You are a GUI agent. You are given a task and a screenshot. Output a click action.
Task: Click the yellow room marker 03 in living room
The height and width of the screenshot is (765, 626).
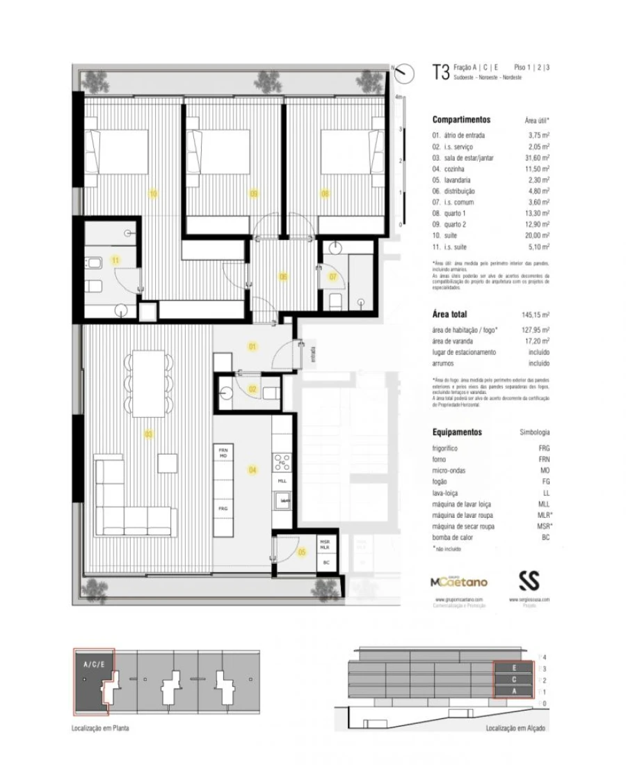pos(148,434)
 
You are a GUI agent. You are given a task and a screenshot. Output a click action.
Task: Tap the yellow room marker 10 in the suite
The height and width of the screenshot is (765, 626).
pos(153,194)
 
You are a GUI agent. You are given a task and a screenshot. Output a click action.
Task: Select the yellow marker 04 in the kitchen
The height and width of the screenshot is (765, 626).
pos(252,471)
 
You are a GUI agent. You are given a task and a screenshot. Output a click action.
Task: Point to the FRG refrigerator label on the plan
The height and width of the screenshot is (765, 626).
pos(223,509)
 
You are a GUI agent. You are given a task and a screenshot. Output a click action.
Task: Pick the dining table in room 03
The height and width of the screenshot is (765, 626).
pos(147,381)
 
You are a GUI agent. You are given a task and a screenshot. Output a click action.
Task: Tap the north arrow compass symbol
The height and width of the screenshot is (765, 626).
pos(402,74)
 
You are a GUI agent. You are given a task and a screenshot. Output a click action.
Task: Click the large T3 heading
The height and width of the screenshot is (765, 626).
pos(440,72)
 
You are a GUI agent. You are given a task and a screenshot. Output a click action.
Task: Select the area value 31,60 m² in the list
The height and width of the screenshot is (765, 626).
pos(536,157)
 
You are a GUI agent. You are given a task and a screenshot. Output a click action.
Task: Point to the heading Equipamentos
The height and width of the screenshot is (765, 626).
pos(457,432)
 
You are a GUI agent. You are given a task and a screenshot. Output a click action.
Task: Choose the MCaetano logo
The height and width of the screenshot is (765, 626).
pos(460,581)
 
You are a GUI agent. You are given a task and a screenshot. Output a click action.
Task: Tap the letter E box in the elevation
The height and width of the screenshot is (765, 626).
pos(515,667)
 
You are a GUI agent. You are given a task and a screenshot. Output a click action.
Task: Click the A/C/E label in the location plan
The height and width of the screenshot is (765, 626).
pos(94,664)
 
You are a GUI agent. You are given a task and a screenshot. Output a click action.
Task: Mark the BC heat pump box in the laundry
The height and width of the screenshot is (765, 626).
pos(325,562)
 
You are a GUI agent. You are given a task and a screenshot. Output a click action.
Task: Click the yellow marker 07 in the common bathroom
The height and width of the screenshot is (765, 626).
pos(332,277)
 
